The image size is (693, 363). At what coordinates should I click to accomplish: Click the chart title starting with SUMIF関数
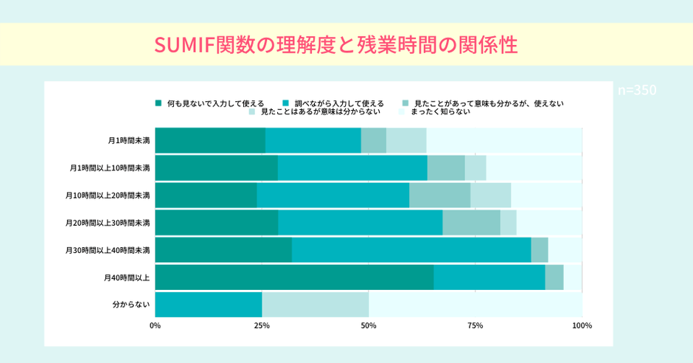(x=335, y=44)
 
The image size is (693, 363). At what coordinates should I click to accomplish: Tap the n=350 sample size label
(x=636, y=90)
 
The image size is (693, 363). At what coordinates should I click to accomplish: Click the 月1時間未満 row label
(x=128, y=140)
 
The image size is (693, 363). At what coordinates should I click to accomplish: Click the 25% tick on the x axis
(x=262, y=325)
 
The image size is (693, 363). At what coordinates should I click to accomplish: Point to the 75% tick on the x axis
(x=476, y=325)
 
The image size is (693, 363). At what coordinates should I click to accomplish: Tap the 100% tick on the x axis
(x=582, y=325)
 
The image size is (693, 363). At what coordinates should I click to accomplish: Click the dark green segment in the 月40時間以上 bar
(x=294, y=277)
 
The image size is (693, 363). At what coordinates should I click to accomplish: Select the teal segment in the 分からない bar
(x=209, y=305)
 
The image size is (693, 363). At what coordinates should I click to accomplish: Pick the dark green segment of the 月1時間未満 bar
(x=210, y=140)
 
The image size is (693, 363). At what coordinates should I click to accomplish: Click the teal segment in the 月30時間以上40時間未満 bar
(x=411, y=250)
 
